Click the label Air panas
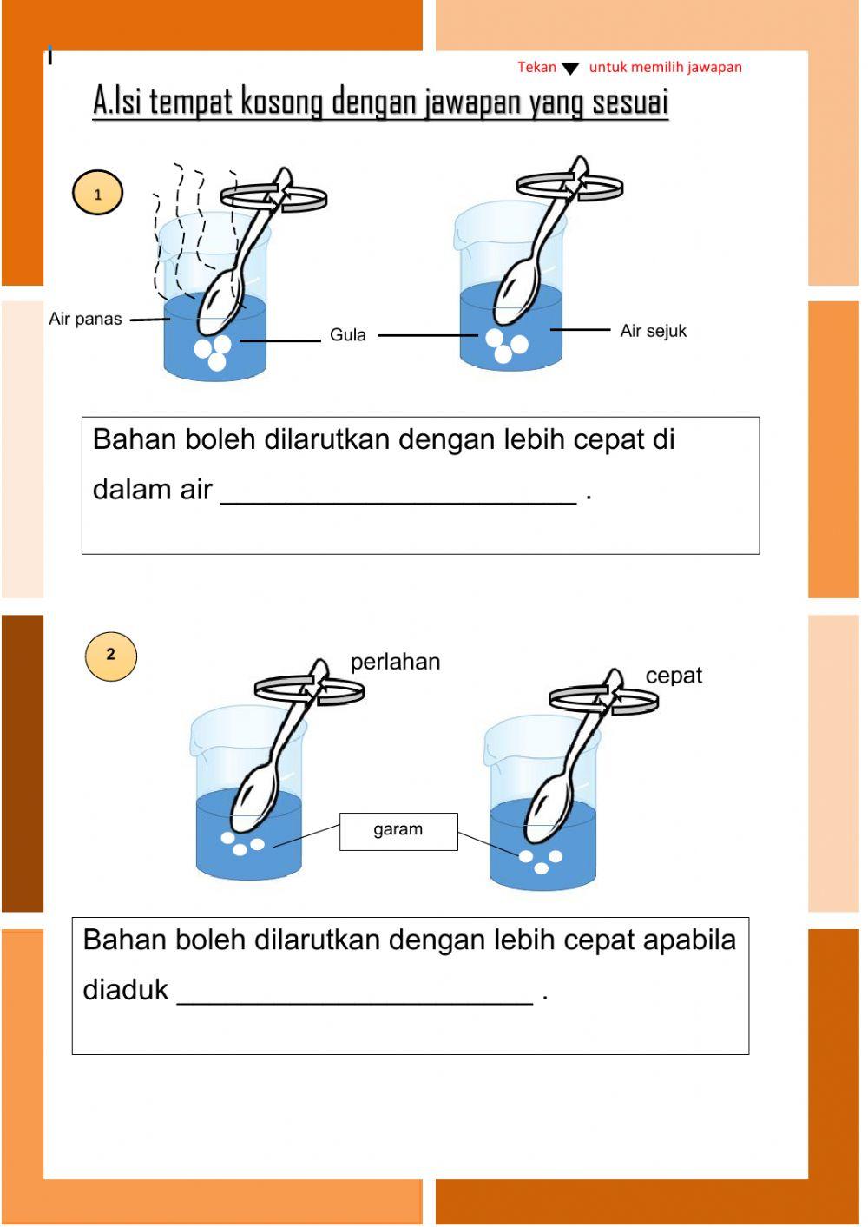[85, 319]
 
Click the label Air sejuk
[653, 331]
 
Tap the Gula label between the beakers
[347, 334]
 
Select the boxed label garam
[398, 830]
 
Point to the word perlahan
[395, 662]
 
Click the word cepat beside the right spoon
[674, 676]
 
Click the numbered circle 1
[97, 193]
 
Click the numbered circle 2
[110, 656]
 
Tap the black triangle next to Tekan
[570, 69]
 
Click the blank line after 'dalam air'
[398, 493]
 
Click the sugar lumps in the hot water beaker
[214, 351]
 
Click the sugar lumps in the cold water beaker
[506, 346]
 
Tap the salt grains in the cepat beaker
[541, 861]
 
